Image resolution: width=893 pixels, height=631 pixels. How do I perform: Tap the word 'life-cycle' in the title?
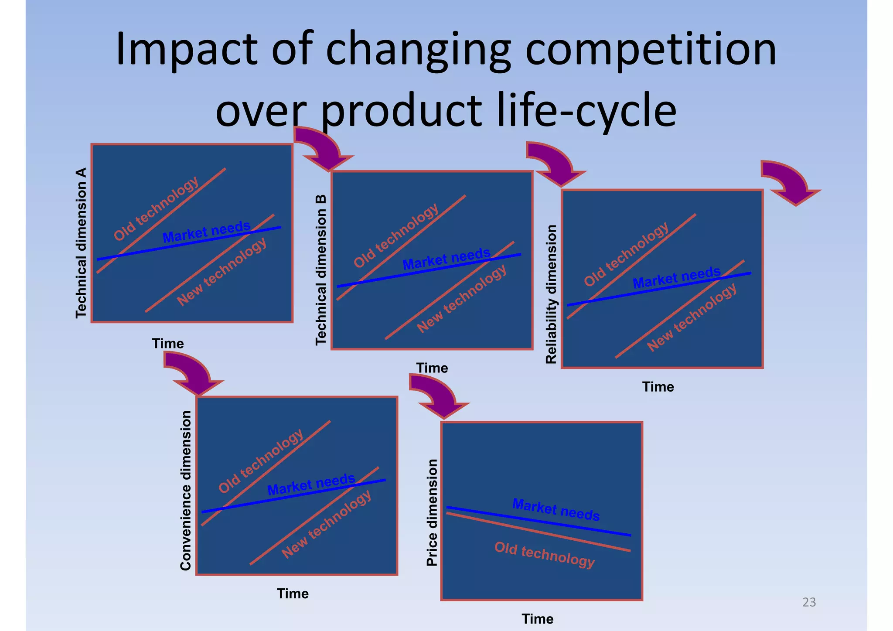pyautogui.click(x=586, y=110)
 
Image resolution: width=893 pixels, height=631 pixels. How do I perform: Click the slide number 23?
pyautogui.click(x=809, y=602)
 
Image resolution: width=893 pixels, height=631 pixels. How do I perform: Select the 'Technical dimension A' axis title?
pyautogui.click(x=82, y=243)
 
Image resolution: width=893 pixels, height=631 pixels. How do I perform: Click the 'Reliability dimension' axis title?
pyautogui.click(x=552, y=294)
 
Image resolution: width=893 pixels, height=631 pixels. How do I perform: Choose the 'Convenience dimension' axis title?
pyautogui.click(x=186, y=491)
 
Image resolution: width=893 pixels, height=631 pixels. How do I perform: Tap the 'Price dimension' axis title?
pyautogui.click(x=432, y=513)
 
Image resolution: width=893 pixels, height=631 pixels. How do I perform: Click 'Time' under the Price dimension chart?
pyautogui.click(x=537, y=619)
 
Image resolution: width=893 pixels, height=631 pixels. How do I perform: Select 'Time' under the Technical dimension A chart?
pyautogui.click(x=168, y=344)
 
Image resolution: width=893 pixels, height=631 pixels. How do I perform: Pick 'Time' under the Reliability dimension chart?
pyautogui.click(x=658, y=387)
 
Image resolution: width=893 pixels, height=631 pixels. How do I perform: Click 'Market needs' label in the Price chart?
pyautogui.click(x=556, y=510)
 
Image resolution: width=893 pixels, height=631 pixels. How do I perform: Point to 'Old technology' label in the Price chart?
pyautogui.click(x=544, y=555)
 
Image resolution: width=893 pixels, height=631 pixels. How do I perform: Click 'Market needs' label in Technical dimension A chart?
pyautogui.click(x=207, y=232)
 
